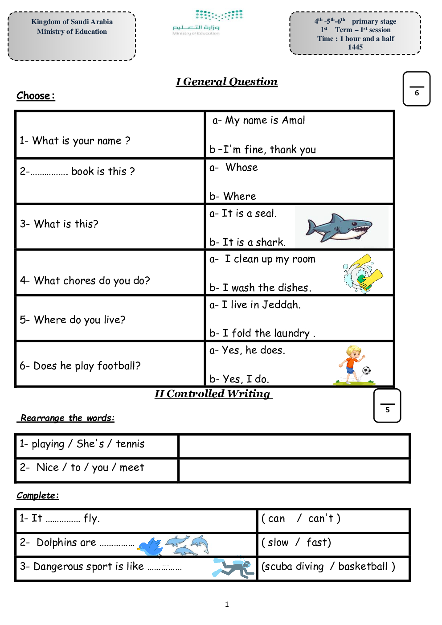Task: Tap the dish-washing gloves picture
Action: [x=363, y=273]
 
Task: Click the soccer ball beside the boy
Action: [x=366, y=370]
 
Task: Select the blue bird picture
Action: [x=150, y=547]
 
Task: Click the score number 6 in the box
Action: [x=417, y=93]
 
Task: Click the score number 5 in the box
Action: [x=387, y=410]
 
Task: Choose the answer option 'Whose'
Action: [x=241, y=168]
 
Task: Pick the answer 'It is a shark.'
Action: [x=247, y=243]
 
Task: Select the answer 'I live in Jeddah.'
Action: [x=255, y=305]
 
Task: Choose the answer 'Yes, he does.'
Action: [x=247, y=350]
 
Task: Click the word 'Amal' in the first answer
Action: [x=293, y=120]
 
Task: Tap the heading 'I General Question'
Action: [x=226, y=82]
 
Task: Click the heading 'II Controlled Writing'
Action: [x=213, y=394]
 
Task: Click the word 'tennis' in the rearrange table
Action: [x=130, y=444]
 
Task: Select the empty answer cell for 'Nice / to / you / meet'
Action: [x=294, y=470]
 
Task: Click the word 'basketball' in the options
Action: [x=363, y=567]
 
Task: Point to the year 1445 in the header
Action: [x=355, y=47]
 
